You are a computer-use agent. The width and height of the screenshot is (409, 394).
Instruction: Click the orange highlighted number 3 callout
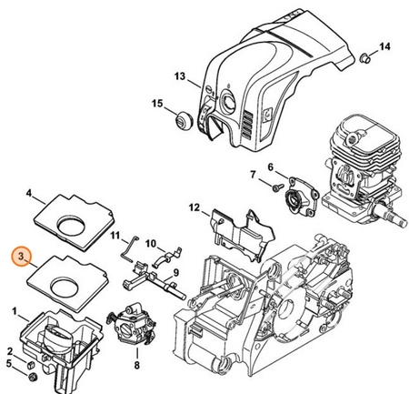pyautogui.click(x=22, y=256)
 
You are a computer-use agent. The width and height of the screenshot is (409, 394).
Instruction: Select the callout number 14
pyautogui.click(x=384, y=46)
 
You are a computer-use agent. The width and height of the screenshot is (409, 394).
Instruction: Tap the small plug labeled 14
pyautogui.click(x=364, y=58)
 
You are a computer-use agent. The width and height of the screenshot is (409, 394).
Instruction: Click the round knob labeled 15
pyautogui.click(x=183, y=120)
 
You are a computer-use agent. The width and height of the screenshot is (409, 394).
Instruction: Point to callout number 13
pyautogui.click(x=180, y=76)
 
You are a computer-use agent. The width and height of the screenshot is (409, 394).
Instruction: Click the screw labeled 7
pyautogui.click(x=278, y=187)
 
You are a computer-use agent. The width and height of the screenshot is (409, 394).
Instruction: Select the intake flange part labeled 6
pyautogui.click(x=303, y=197)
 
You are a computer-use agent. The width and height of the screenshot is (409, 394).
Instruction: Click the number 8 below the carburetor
pyautogui.click(x=137, y=366)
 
